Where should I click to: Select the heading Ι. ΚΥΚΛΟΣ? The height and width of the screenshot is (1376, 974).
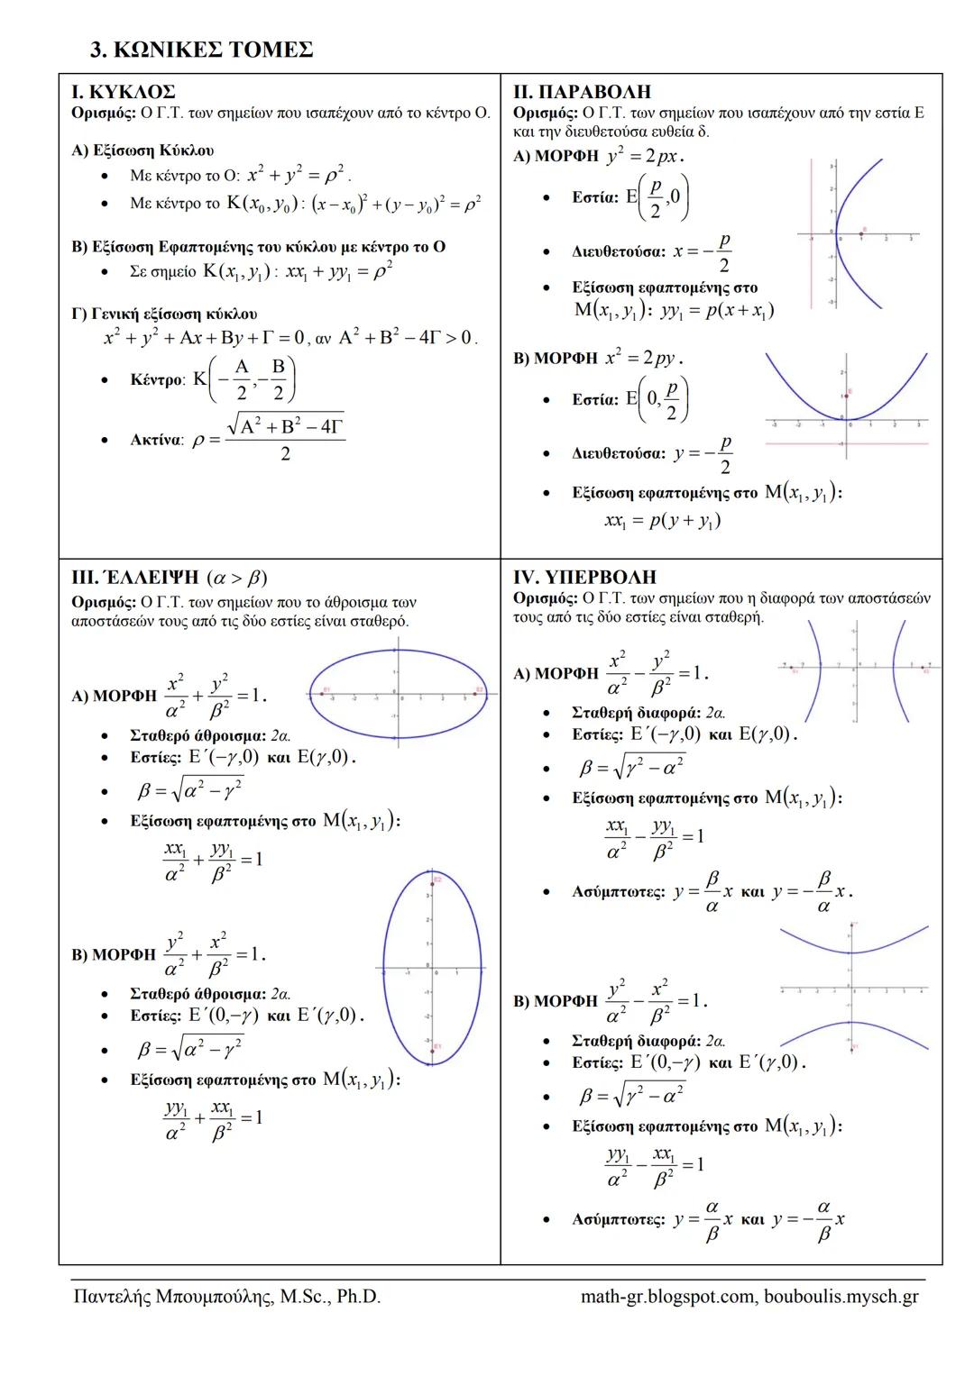(x=124, y=92)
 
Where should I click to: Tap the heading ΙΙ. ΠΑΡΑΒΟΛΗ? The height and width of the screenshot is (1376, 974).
(x=582, y=92)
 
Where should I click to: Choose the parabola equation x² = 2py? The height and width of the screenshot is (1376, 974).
(x=644, y=358)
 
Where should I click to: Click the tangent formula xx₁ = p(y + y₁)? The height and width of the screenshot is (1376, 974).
(x=662, y=521)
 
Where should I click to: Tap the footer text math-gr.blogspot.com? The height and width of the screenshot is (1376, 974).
(x=667, y=1297)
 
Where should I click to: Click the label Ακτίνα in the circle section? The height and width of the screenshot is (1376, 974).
(x=156, y=441)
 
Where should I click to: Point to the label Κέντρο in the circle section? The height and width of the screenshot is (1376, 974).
(x=157, y=380)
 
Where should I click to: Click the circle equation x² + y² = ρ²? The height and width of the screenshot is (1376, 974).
(x=298, y=174)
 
